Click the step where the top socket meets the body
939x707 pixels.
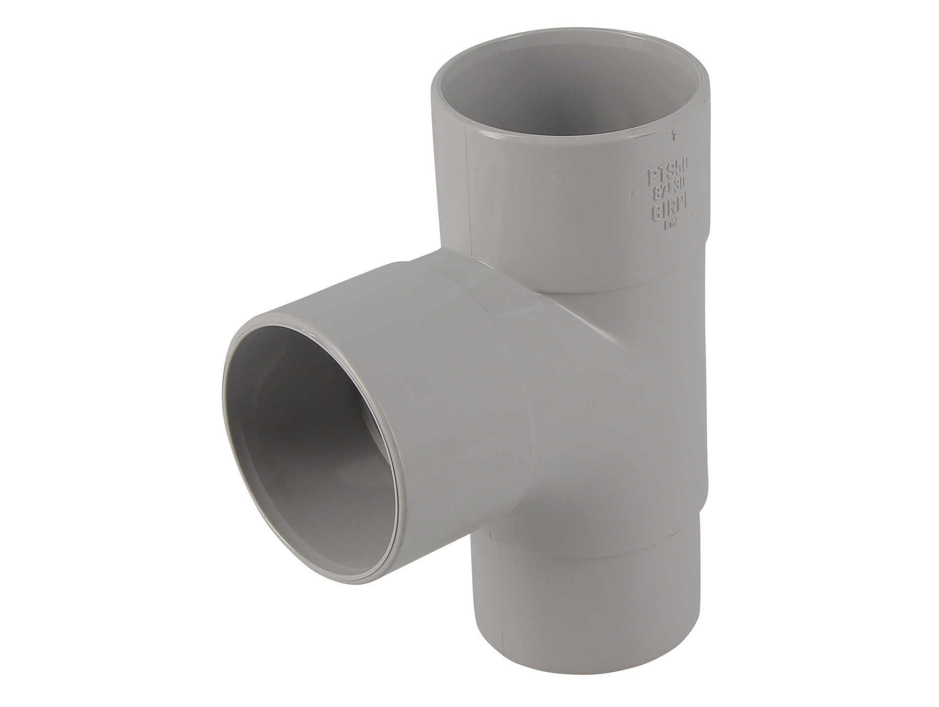click(583, 292)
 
